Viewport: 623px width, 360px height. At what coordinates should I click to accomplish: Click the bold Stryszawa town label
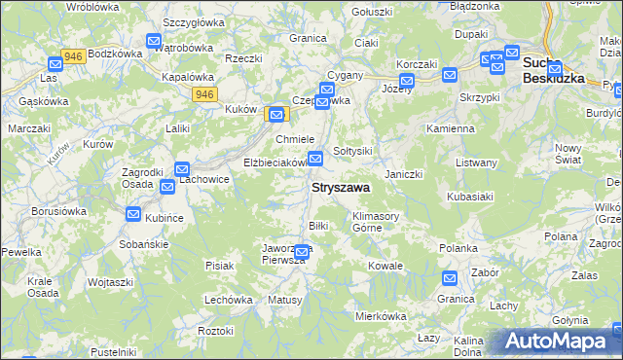[340, 187]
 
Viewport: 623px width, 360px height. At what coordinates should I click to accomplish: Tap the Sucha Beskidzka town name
[553, 71]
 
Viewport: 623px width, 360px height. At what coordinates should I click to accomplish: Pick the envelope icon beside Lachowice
[182, 168]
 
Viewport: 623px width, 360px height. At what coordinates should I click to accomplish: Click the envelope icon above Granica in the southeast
[449, 278]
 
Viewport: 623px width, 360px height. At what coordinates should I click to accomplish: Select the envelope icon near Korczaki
[406, 81]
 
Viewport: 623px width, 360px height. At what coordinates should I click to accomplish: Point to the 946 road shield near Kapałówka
[203, 93]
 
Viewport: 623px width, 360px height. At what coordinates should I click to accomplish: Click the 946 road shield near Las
[71, 55]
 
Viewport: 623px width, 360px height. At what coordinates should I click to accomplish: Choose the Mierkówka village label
[380, 315]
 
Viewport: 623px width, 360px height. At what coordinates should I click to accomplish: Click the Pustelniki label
[111, 351]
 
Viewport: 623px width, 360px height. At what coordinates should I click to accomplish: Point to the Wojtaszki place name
[109, 281]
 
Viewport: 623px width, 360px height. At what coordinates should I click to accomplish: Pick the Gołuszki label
[370, 12]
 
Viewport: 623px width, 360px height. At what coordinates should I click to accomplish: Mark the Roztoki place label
[215, 331]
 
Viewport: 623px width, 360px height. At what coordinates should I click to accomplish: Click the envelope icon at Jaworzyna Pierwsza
[302, 253]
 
